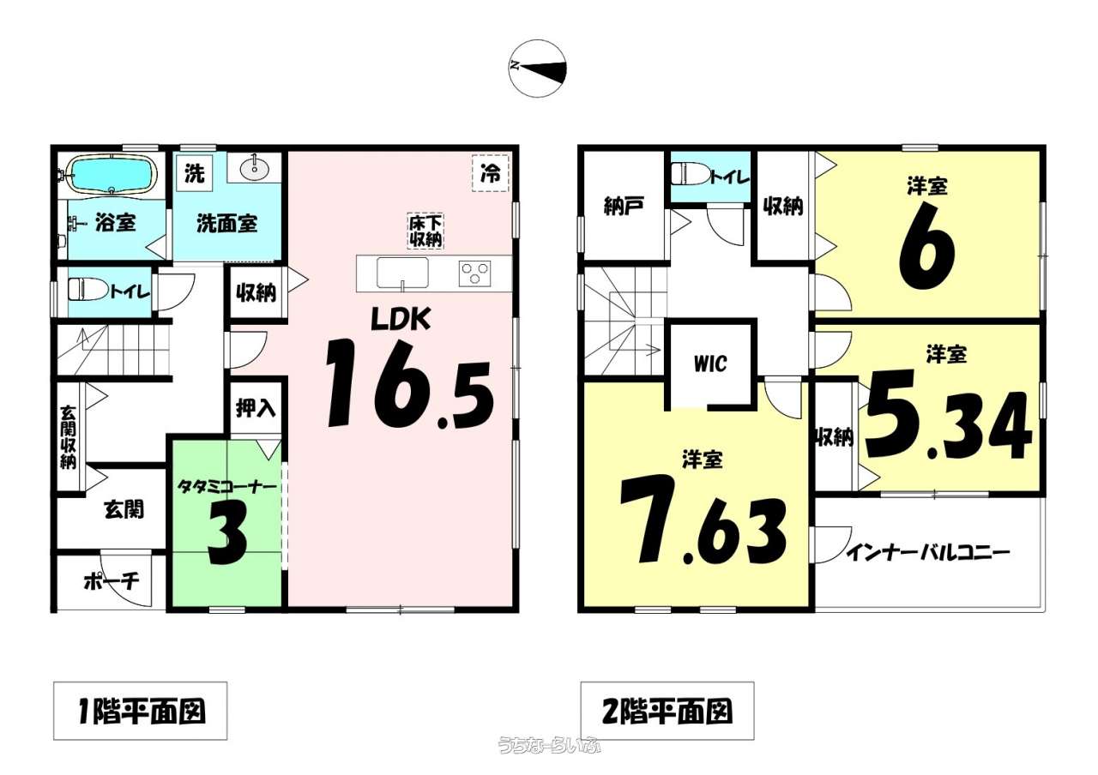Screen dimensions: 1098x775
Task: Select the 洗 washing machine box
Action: (195, 173)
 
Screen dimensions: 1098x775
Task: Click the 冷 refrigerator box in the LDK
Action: (490, 173)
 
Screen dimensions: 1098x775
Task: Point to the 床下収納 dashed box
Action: (425, 231)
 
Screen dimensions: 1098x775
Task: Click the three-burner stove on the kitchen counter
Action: (474, 273)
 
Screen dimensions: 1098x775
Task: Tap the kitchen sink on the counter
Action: (402, 273)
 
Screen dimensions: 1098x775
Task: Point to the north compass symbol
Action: (537, 68)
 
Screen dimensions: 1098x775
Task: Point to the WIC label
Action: (710, 363)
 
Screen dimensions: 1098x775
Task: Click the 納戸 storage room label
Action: (624, 206)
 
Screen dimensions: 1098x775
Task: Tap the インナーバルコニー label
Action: (928, 553)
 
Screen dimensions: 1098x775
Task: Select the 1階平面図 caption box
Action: (140, 711)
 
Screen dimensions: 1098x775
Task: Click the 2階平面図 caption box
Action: (667, 711)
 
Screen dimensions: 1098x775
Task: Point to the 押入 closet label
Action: (256, 408)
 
